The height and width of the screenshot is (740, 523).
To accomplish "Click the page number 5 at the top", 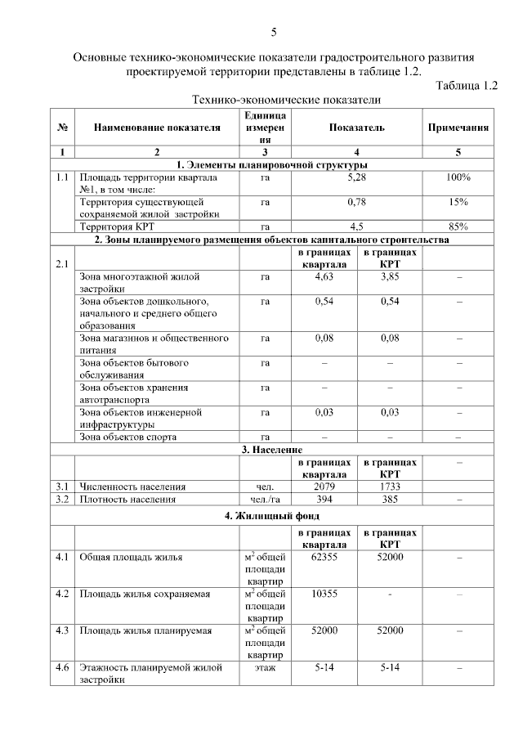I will pos(274,33).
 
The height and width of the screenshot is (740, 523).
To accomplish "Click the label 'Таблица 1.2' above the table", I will pos(467,86).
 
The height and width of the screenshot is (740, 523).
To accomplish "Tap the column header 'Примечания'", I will pos(458,128).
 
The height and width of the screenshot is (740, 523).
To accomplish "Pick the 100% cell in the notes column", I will pos(458,177).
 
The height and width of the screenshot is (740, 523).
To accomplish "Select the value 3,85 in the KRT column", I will pos(390,279).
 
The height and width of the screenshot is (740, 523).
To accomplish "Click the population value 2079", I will pos(325,487).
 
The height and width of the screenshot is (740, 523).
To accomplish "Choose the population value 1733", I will pos(390,487).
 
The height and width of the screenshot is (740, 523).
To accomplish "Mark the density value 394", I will pos(325,499).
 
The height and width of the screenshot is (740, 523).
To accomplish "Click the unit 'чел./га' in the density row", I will pos(265,499).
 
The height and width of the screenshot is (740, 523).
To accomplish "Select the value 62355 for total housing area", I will pos(325,557).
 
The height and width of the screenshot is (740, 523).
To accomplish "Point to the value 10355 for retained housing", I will pos(325,594).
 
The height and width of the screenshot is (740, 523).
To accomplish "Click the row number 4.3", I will pos(62,631).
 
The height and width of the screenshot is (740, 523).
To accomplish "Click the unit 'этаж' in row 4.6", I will pos(265,668).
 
